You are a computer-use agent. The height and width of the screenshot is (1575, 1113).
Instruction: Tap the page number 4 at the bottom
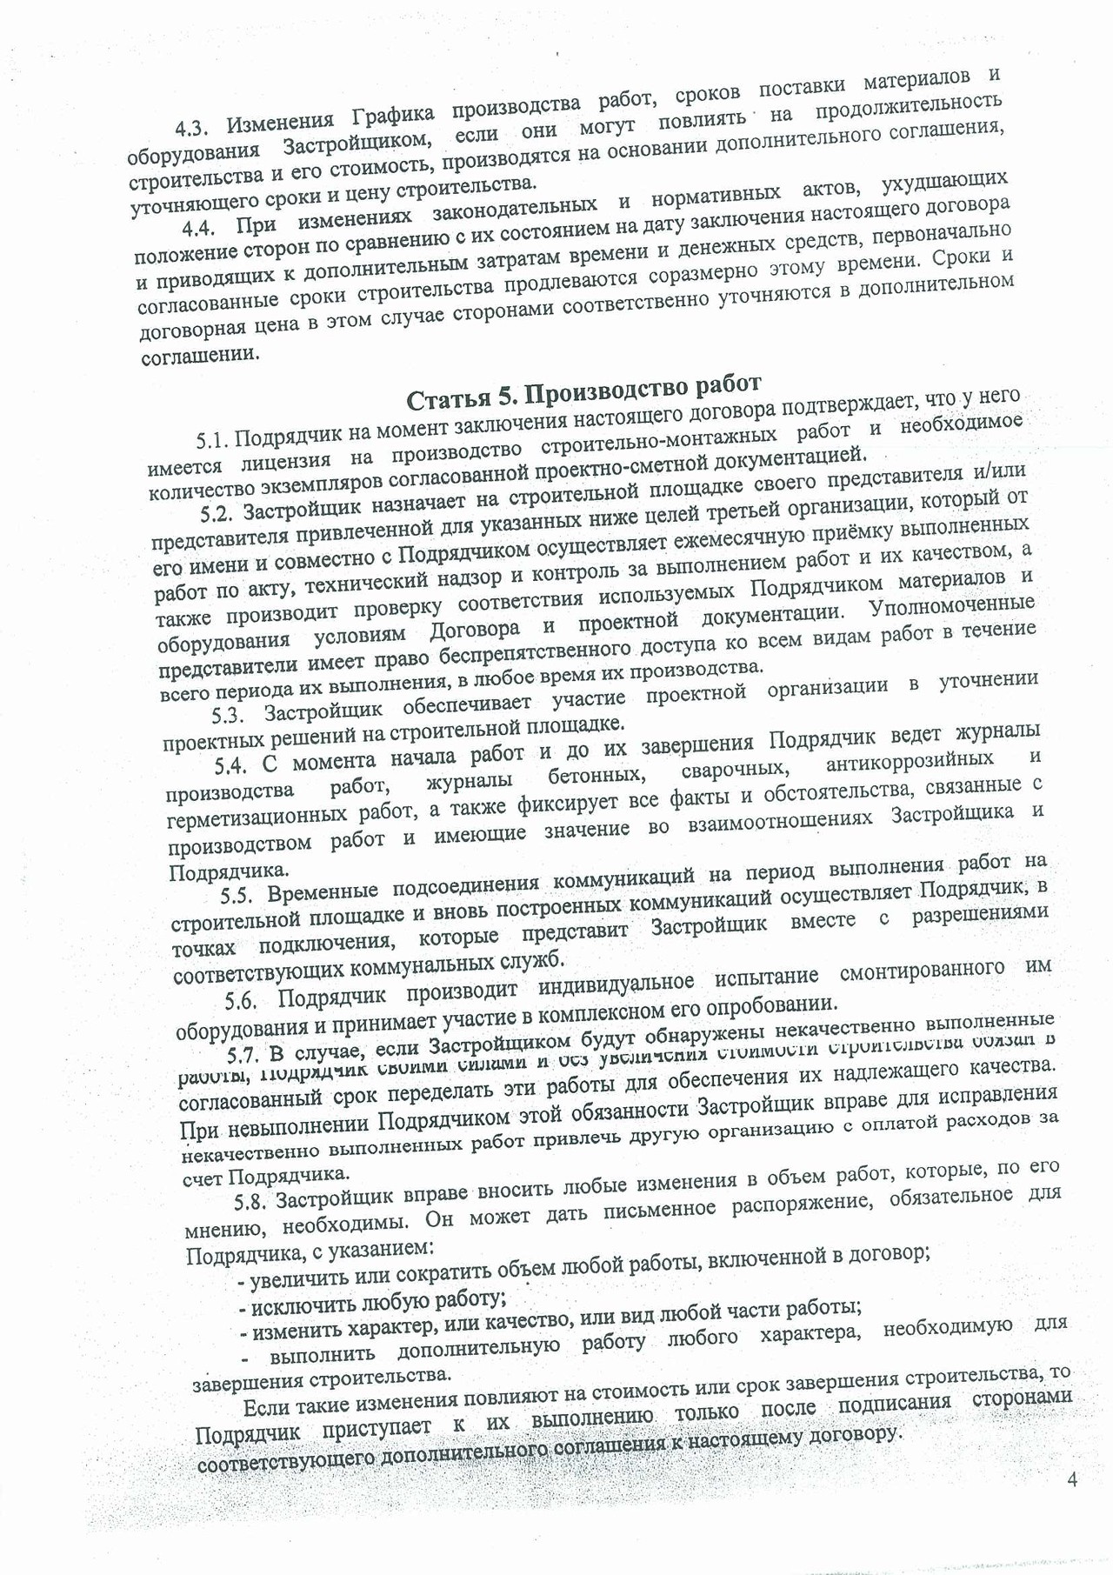click(x=1071, y=1479)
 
